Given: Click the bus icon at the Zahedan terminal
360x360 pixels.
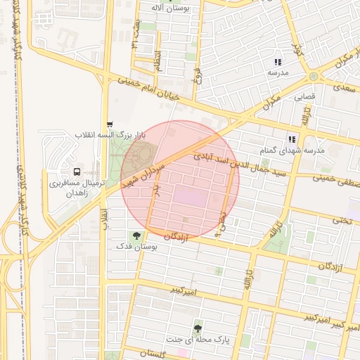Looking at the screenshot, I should pyautogui.click(x=77, y=171).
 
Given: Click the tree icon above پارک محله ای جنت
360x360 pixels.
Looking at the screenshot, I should pyautogui.click(x=197, y=328).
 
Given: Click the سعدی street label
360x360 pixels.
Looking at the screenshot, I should pyautogui.click(x=345, y=88).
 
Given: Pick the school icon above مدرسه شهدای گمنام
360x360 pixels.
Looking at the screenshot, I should pyautogui.click(x=292, y=139).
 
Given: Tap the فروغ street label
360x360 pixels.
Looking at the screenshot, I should pyautogui.click(x=199, y=75).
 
